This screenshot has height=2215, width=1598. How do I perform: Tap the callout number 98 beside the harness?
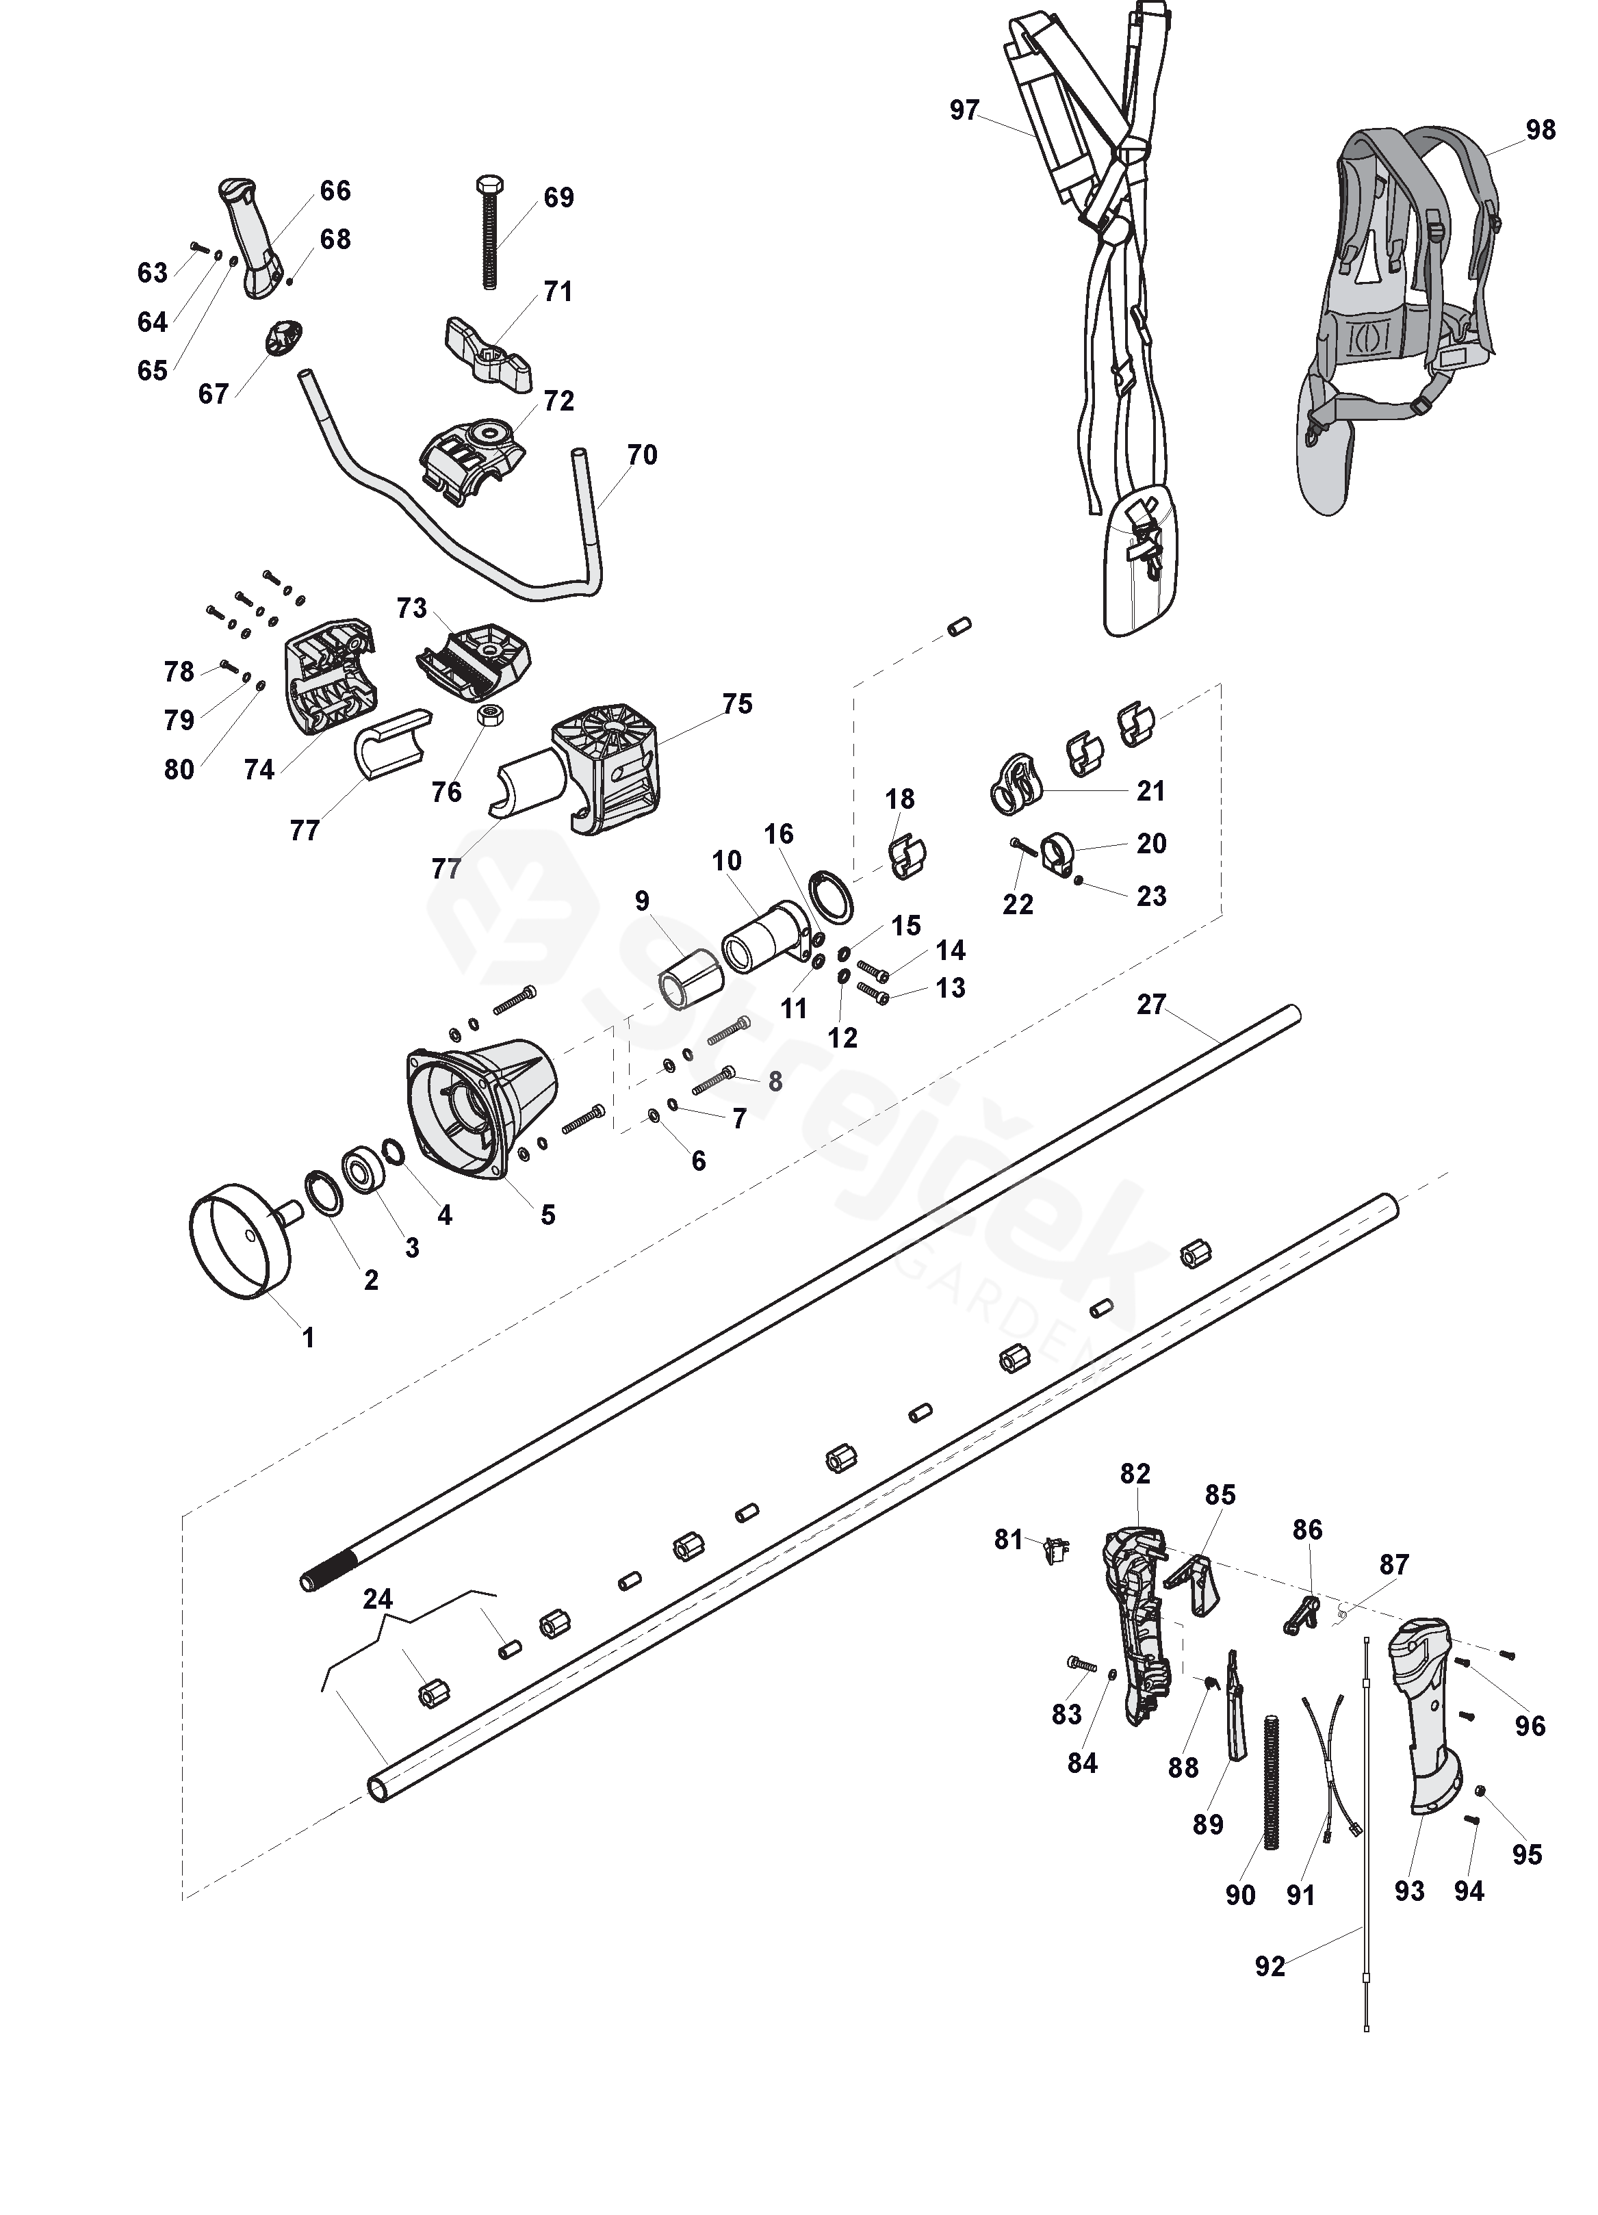click(x=1541, y=130)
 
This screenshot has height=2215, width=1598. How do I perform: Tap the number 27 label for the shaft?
click(x=1152, y=1004)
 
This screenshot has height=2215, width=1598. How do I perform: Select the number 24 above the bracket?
click(x=378, y=1598)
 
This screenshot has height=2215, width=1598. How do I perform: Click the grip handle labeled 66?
click(x=249, y=235)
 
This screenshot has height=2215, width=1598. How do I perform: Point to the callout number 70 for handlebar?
click(x=642, y=455)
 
